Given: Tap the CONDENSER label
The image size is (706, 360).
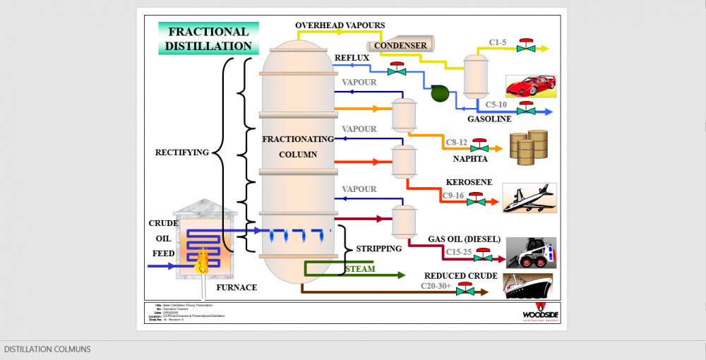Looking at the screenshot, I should coord(400,46).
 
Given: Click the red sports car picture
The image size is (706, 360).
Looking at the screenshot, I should coord(530,86).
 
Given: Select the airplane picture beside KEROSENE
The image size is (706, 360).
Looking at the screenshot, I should coord(529,198).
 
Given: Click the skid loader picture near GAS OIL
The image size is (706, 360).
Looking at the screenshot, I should coord(531,253).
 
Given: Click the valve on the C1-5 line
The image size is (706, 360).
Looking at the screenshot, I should coord(525,47).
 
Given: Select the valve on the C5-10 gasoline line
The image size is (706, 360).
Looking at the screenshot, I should coord(525,109).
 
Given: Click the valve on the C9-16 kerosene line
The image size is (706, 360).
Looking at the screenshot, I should coord(476,200).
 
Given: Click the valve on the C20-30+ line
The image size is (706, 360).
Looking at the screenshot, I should coord(465,289).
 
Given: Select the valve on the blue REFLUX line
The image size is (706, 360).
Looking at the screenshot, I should coord(397,70).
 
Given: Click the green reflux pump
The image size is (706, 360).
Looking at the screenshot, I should coord(439,92).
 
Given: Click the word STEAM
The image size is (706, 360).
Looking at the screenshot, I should coord(360,269).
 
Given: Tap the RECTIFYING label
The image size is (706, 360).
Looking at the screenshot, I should coord(182,152).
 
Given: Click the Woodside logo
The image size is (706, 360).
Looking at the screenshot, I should coord(542,311).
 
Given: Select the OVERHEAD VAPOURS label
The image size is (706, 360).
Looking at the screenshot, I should coord(340,25).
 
